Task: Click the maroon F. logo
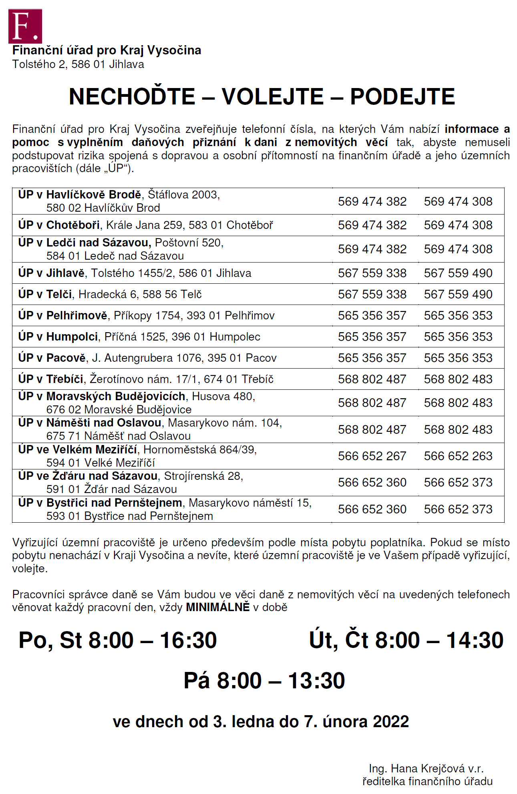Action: click(x=25, y=26)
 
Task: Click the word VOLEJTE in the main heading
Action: click(x=273, y=97)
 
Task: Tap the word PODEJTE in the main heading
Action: click(x=402, y=97)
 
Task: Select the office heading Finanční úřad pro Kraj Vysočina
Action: click(x=107, y=50)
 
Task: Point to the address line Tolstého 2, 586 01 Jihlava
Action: click(x=78, y=64)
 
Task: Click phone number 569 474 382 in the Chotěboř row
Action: click(x=372, y=225)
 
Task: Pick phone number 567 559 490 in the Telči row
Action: click(x=458, y=295)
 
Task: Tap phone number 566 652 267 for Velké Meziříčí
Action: click(x=372, y=456)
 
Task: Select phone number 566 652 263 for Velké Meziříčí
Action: click(x=458, y=456)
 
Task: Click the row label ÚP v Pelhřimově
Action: click(x=63, y=316)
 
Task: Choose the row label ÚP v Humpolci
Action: click(x=58, y=337)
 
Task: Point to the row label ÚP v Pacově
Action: click(x=52, y=358)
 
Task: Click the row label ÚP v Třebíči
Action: click(x=51, y=379)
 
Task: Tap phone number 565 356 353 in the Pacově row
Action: click(x=458, y=358)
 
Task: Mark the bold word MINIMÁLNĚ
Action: click(x=218, y=608)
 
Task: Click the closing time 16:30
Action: click(x=188, y=640)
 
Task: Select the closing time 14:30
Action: click(x=475, y=640)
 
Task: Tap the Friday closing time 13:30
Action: click(x=316, y=681)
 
